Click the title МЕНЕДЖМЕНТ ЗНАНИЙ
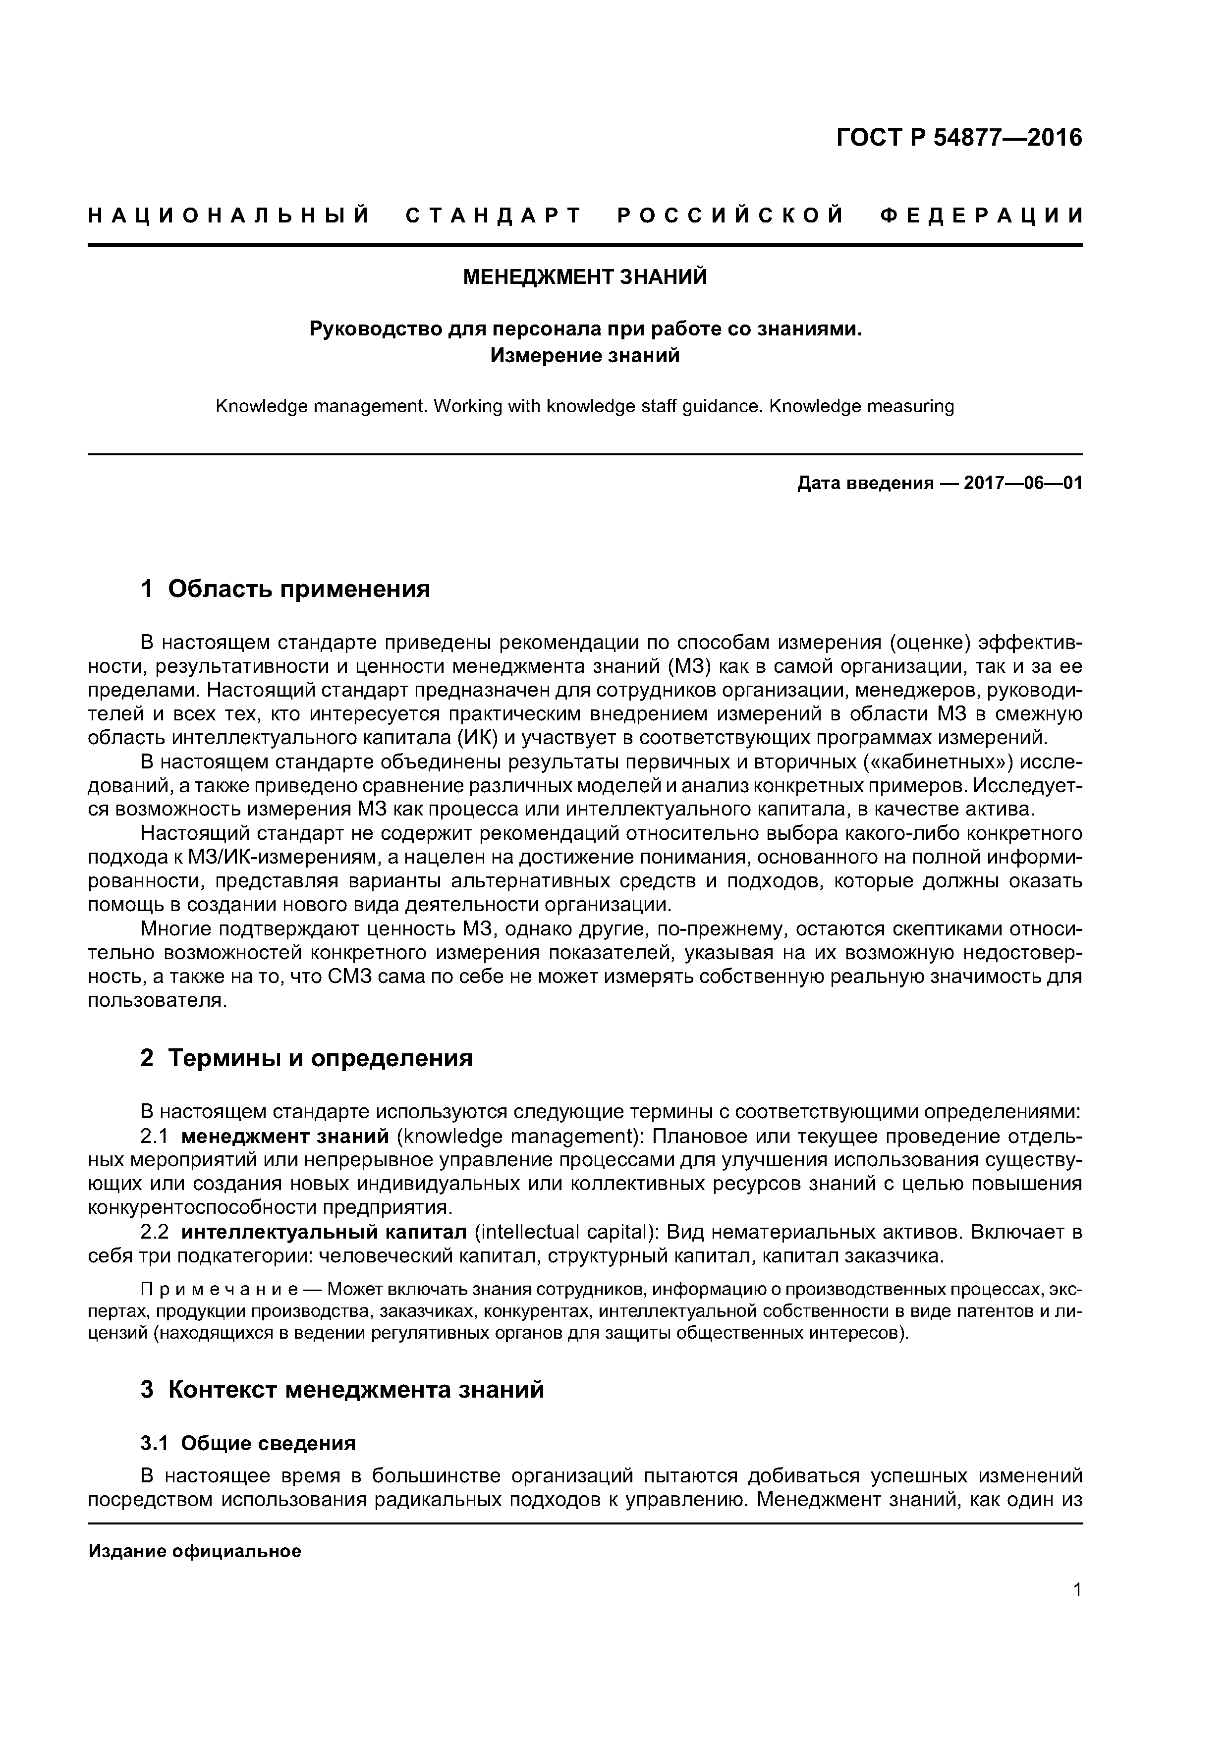[585, 277]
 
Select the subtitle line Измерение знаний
[585, 355]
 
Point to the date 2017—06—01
[1023, 483]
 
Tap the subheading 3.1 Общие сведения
[248, 1465]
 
